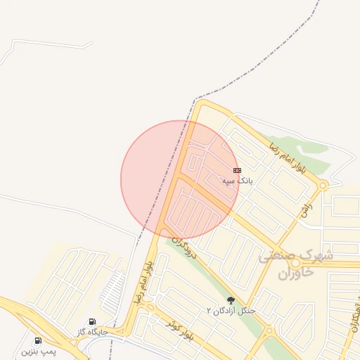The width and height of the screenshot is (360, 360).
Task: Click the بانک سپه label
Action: (x=237, y=181)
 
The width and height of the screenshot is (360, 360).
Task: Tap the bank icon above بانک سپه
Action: (x=237, y=170)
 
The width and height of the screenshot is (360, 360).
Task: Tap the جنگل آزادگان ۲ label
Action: (x=231, y=310)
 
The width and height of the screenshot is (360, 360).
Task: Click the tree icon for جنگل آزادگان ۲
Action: (x=230, y=300)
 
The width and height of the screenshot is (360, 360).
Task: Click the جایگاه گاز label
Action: (x=91, y=331)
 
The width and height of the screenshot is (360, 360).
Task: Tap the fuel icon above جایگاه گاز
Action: (x=92, y=322)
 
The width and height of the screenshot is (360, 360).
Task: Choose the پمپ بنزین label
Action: (x=38, y=349)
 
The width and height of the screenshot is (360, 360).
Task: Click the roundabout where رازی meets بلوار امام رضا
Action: (x=323, y=186)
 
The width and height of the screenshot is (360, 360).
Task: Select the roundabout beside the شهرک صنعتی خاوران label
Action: (x=295, y=263)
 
